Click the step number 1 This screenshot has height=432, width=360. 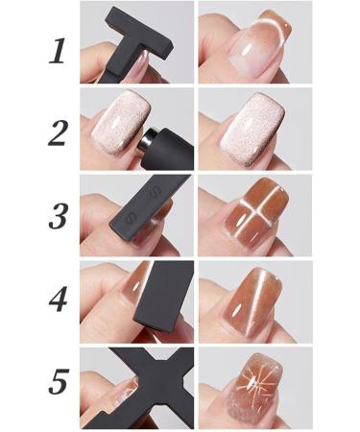point(57,47)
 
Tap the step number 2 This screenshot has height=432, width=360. point(57,132)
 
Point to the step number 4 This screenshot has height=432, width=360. point(57,301)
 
